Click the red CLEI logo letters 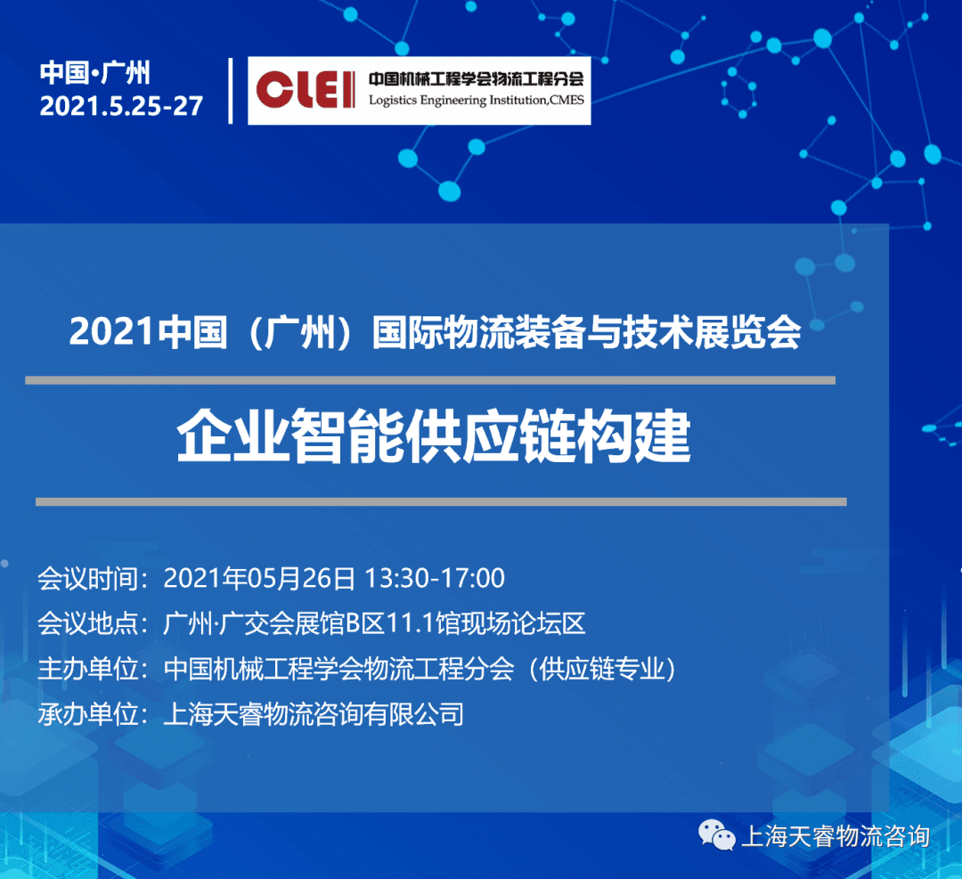coord(306,90)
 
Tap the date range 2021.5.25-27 coord(121,106)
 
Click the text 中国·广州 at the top coord(95,72)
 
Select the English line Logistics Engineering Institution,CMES coord(476,100)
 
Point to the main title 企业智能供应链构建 coord(434,437)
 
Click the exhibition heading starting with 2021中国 coord(435,332)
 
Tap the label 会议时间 coord(88,579)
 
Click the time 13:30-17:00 coord(435,579)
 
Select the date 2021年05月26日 coord(259,579)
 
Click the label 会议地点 coord(88,623)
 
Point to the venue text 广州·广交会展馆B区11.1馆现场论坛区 coord(374,623)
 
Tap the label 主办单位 coord(88,669)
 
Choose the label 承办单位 coord(88,714)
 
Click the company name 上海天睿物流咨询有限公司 coord(314,714)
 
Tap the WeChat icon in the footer coord(716,835)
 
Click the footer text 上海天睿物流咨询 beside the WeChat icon coord(836,836)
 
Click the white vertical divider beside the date coord(231,91)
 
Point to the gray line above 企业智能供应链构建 coord(430,380)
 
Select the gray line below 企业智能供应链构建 coord(441,501)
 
